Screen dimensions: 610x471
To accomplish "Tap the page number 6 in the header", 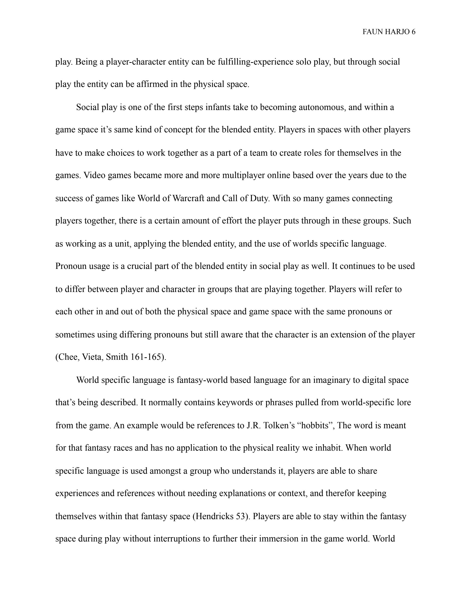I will [413, 32].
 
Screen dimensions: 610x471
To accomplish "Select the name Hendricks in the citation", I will [214, 516].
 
